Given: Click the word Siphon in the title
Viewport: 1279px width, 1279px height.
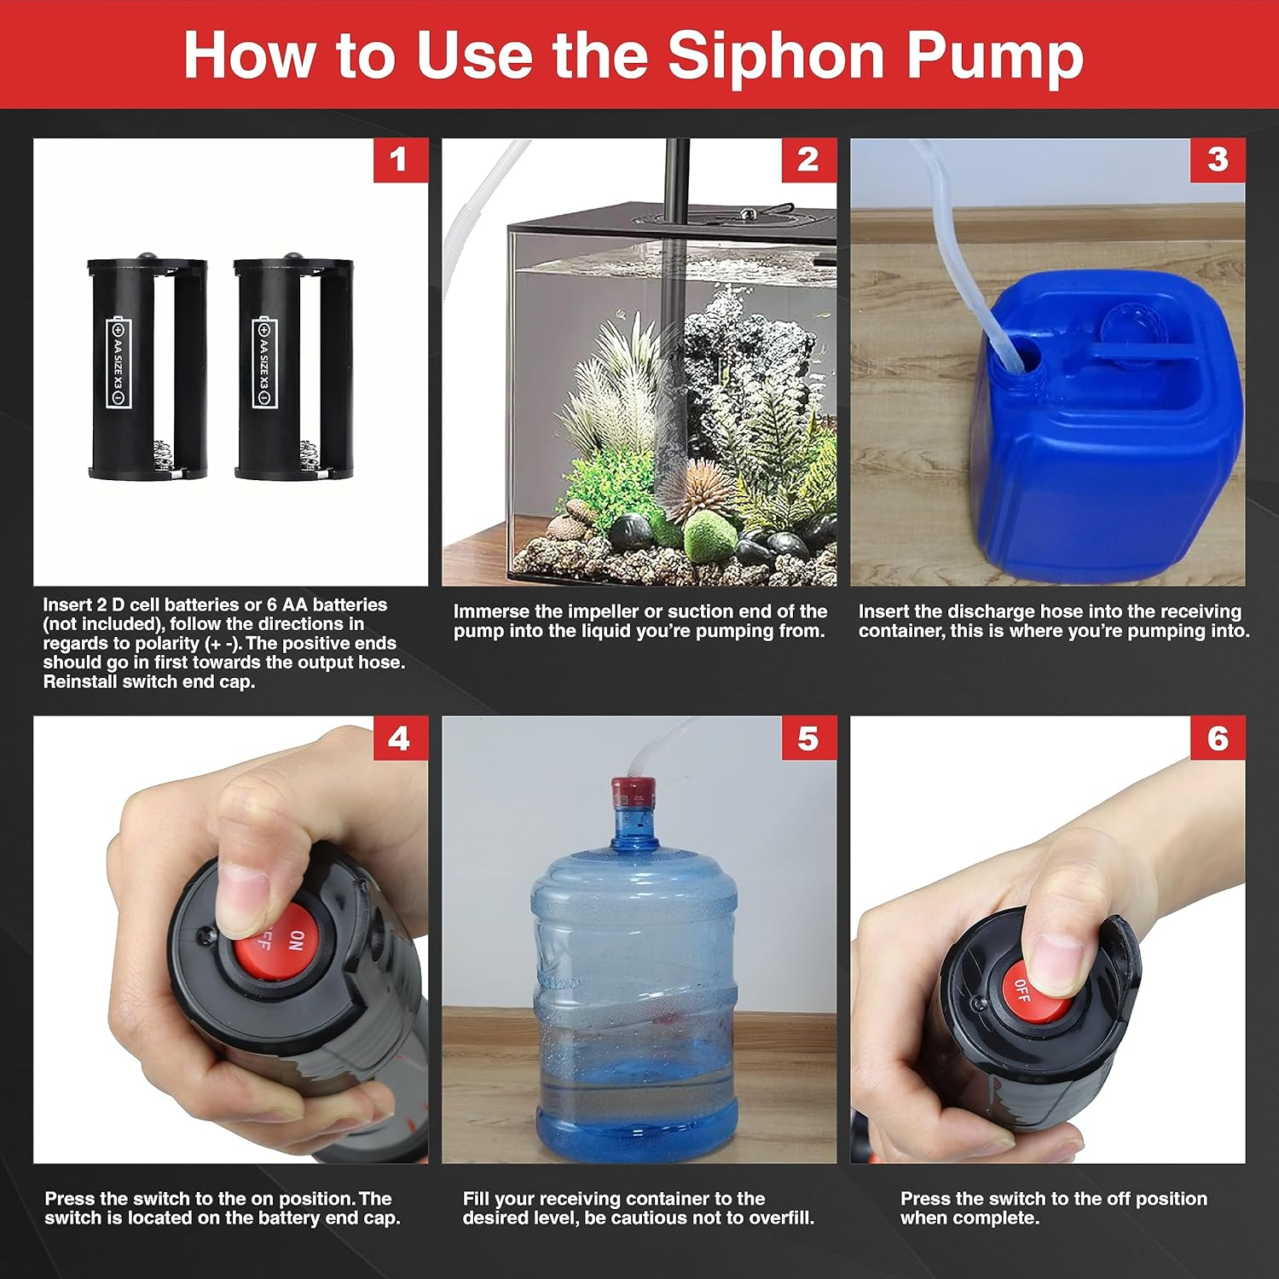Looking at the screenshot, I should [777, 55].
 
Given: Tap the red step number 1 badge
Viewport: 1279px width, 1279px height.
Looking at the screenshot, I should [399, 160].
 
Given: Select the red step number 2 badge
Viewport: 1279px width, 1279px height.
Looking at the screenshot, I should [808, 160].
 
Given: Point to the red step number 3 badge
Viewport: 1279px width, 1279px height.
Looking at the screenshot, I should [1218, 160].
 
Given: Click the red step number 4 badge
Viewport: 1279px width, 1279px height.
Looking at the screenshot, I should [399, 739].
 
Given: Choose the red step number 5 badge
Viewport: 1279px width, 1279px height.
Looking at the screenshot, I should [808, 739].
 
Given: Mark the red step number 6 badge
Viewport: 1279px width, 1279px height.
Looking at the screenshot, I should [1218, 739].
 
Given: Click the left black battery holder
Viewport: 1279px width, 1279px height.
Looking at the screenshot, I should [147, 368].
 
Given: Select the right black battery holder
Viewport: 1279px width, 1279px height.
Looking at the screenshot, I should [293, 368].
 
